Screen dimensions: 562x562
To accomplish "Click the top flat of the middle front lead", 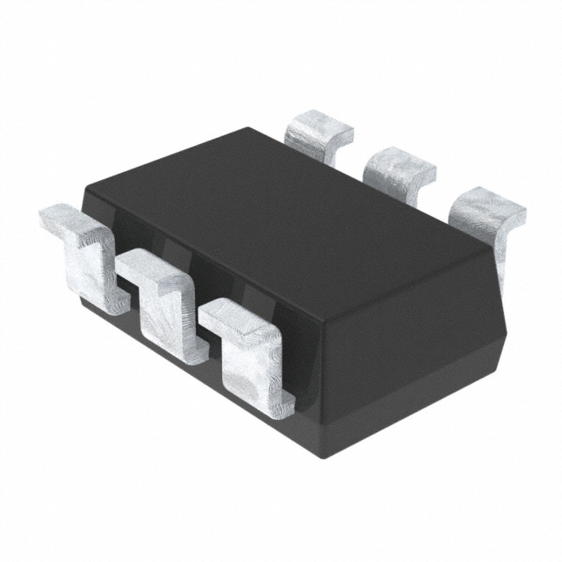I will point(145,263).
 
